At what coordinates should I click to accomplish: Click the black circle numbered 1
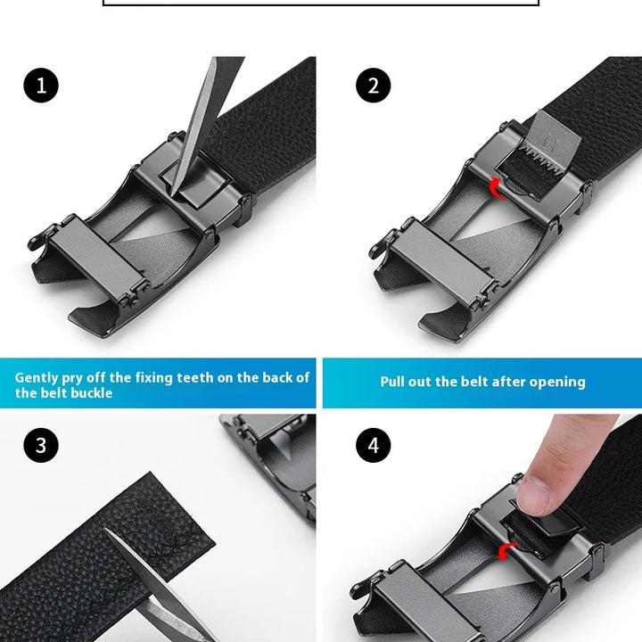click(x=41, y=86)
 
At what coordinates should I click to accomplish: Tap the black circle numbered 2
click(x=373, y=86)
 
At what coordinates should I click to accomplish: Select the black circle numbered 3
click(x=41, y=445)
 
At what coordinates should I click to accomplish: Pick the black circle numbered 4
click(x=373, y=445)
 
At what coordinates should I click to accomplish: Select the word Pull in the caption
click(x=392, y=382)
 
